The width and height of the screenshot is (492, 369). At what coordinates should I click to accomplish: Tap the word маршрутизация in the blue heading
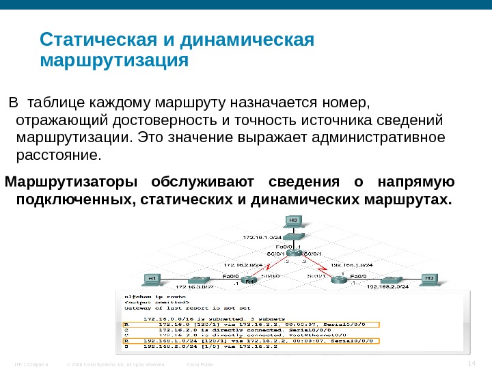click(x=113, y=61)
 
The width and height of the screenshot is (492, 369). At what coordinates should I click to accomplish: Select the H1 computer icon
click(x=152, y=279)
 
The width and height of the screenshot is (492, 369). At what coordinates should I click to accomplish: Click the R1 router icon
click(x=250, y=279)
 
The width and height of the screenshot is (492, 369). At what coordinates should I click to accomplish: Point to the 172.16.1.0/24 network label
click(x=263, y=237)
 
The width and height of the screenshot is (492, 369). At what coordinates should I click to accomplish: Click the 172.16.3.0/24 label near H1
click(x=197, y=287)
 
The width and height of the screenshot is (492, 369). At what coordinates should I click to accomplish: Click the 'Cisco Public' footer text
click(x=200, y=364)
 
